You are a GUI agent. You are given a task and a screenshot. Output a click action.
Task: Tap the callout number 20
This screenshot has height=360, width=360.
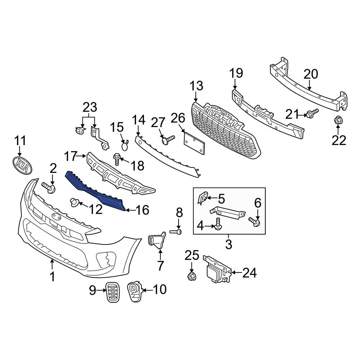pyautogui.click(x=311, y=74)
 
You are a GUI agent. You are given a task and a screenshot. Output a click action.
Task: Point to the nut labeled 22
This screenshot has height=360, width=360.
pyautogui.click(x=338, y=121)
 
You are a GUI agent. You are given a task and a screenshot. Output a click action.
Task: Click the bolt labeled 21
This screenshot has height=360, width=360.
pyautogui.click(x=312, y=113)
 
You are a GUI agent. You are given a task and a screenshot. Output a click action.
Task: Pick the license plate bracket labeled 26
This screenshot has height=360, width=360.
pyautogui.click(x=195, y=143)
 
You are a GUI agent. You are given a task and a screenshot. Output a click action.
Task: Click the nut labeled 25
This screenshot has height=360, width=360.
pyautogui.click(x=191, y=276)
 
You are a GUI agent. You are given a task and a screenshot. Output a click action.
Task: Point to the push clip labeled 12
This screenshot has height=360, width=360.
pyautogui.click(x=75, y=203)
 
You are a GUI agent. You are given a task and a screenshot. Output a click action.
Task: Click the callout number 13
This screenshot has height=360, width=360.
pyautogui.click(x=197, y=86)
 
